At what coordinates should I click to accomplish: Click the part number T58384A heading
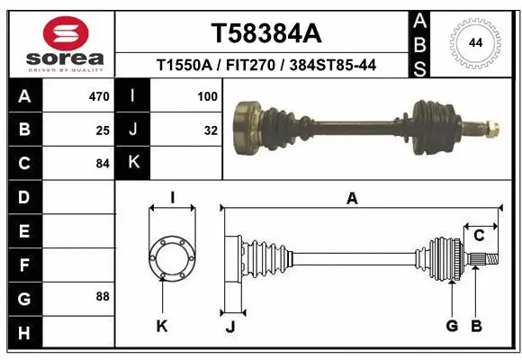[x=265, y=33]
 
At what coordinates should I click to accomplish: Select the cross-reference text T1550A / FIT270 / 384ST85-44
[x=265, y=66]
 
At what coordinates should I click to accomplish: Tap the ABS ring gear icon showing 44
[x=473, y=43]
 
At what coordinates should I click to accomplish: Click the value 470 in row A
[x=99, y=95]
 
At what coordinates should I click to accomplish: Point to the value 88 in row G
[x=103, y=296]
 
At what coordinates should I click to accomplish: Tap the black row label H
[x=23, y=332]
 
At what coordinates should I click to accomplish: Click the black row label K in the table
[x=133, y=163]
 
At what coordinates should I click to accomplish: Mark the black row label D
[x=23, y=196]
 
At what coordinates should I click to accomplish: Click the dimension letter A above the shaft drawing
[x=352, y=199]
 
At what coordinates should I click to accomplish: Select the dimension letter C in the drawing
[x=480, y=236]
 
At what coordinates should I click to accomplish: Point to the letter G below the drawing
[x=452, y=326]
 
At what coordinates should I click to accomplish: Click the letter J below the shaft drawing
[x=230, y=326]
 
